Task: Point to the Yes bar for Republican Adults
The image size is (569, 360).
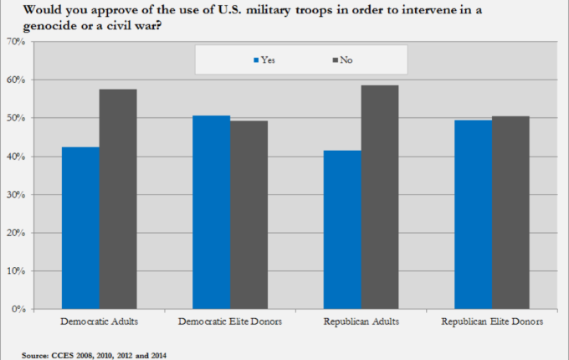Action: click(342, 229)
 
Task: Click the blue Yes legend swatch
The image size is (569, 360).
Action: click(255, 60)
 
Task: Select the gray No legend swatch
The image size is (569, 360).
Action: click(334, 60)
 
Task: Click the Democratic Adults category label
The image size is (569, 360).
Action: click(100, 321)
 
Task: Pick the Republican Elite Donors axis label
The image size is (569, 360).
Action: click(492, 321)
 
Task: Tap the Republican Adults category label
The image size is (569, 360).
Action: click(361, 321)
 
